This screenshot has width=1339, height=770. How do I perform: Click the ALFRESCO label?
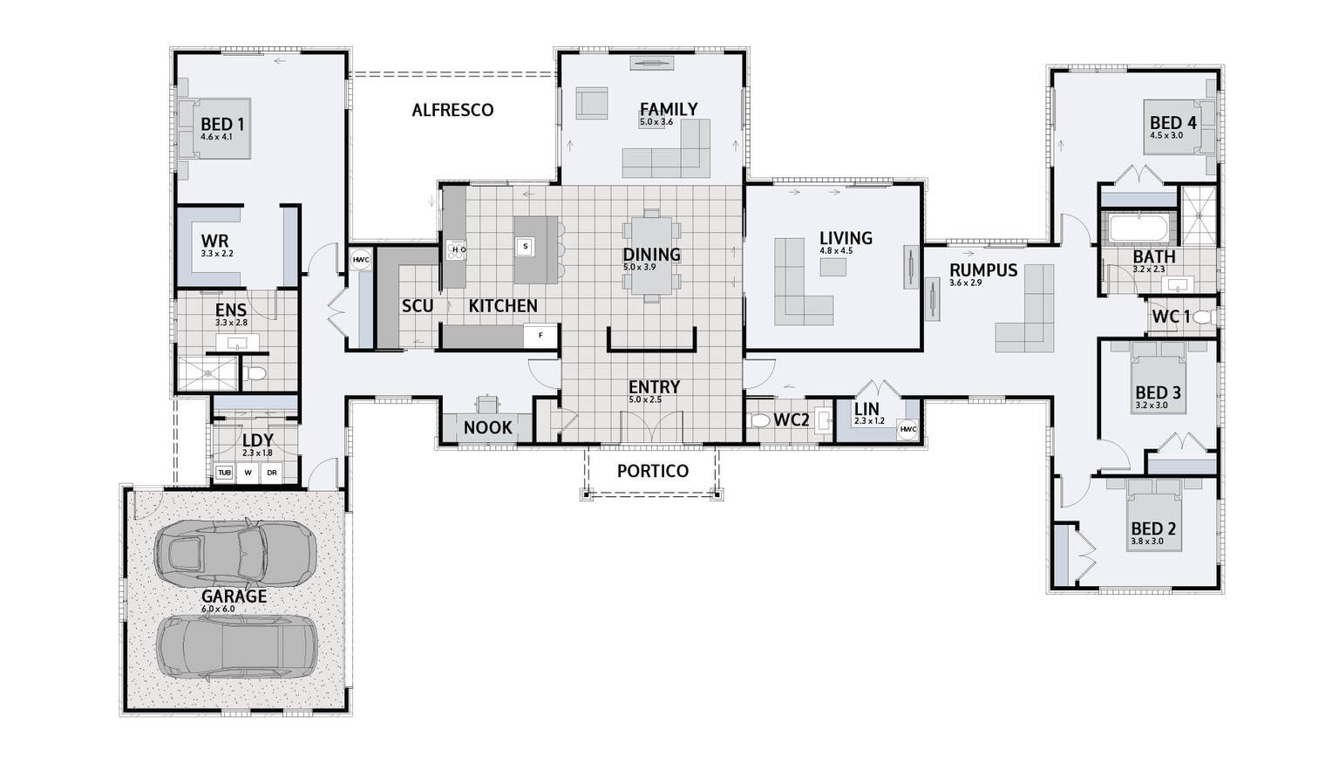(452, 110)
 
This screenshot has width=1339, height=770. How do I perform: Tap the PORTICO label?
(653, 471)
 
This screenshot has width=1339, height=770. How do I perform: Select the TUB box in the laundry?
(224, 473)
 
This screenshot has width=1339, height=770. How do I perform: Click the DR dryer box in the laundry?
(271, 473)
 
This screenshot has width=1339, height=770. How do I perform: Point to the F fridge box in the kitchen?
(540, 335)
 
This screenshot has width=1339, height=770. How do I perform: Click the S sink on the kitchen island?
(525, 247)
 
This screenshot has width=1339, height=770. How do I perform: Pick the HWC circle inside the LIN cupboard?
(907, 429)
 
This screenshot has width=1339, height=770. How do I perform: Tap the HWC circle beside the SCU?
(360, 259)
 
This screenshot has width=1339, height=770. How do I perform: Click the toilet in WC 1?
(1204, 317)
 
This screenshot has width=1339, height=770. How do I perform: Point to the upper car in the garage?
(234, 553)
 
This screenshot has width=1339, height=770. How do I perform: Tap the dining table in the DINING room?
(651, 256)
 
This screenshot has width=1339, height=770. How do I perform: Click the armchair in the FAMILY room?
(592, 103)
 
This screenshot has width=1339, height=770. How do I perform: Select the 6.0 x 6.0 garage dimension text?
(218, 609)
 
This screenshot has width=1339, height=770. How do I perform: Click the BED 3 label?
(1158, 392)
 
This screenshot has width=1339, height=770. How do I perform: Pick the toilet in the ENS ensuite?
(255, 374)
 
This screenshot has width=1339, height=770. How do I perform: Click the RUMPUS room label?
(983, 270)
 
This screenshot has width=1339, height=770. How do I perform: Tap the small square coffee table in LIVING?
(833, 267)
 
